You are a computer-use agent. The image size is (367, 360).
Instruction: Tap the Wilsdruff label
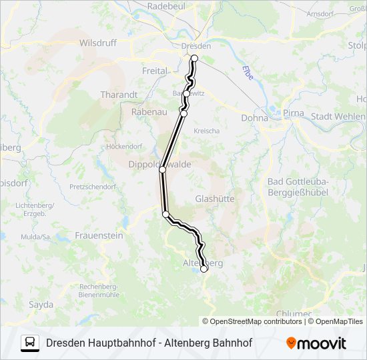point(97,42)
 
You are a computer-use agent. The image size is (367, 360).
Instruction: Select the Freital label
point(154,70)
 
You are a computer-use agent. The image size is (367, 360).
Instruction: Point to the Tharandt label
point(119,95)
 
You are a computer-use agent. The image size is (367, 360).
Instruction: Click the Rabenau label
point(149,112)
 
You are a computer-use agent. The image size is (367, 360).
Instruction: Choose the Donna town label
point(254,117)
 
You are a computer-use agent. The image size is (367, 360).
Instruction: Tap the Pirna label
point(293,113)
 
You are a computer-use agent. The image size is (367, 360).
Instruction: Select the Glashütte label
point(214,199)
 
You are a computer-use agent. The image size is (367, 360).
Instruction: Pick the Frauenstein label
point(99,235)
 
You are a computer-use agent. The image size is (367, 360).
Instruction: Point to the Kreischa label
point(206,131)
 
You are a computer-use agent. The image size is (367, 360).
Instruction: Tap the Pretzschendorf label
point(92,187)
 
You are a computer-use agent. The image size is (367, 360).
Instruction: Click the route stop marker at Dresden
point(195,59)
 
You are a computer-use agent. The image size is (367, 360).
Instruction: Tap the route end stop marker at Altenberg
point(204,269)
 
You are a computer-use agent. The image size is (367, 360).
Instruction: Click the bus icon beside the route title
point(30,343)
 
